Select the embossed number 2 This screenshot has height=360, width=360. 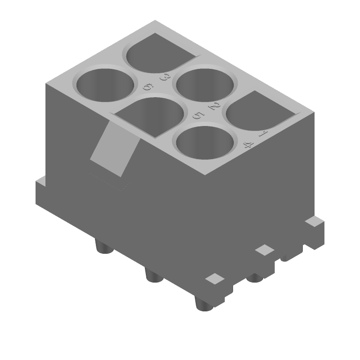(x=214, y=107)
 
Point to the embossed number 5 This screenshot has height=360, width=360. (x=198, y=116)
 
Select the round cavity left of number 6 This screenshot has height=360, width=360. (x=106, y=84)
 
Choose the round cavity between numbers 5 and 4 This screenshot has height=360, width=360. (x=205, y=143)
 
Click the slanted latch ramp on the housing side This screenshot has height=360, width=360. (x=113, y=149)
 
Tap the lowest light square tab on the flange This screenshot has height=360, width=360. (x=215, y=279)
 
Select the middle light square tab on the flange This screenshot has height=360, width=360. (x=265, y=250)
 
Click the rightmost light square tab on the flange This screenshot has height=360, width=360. (x=314, y=221)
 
